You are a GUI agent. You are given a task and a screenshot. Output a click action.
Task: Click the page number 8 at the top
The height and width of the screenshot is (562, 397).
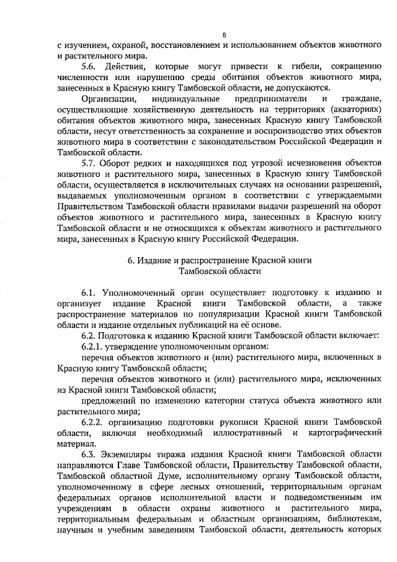click(x=224, y=34)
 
